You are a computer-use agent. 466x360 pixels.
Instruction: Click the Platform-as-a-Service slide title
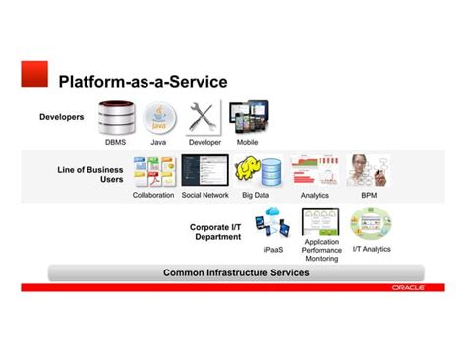tap(143, 81)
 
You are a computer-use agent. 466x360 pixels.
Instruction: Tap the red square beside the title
tap(35, 73)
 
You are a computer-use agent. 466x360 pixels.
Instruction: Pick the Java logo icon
tap(158, 118)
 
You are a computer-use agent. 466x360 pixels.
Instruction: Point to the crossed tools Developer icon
tap(204, 118)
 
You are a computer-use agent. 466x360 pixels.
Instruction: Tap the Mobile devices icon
tap(248, 117)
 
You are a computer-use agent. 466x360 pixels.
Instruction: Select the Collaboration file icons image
tap(153, 171)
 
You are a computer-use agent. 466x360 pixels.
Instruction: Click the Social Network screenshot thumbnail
tap(204, 171)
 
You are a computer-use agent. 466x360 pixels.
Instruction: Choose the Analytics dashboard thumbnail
tap(315, 171)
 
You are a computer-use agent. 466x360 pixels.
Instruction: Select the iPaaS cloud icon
tap(271, 226)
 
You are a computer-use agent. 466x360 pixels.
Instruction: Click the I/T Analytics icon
tap(371, 223)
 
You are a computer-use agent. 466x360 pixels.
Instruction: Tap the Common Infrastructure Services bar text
tap(236, 272)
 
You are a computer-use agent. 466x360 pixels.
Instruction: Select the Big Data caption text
tap(256, 195)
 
